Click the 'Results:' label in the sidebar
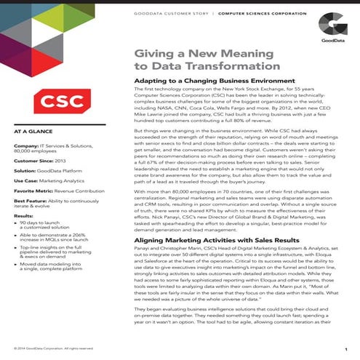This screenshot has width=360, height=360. coord(23,215)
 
